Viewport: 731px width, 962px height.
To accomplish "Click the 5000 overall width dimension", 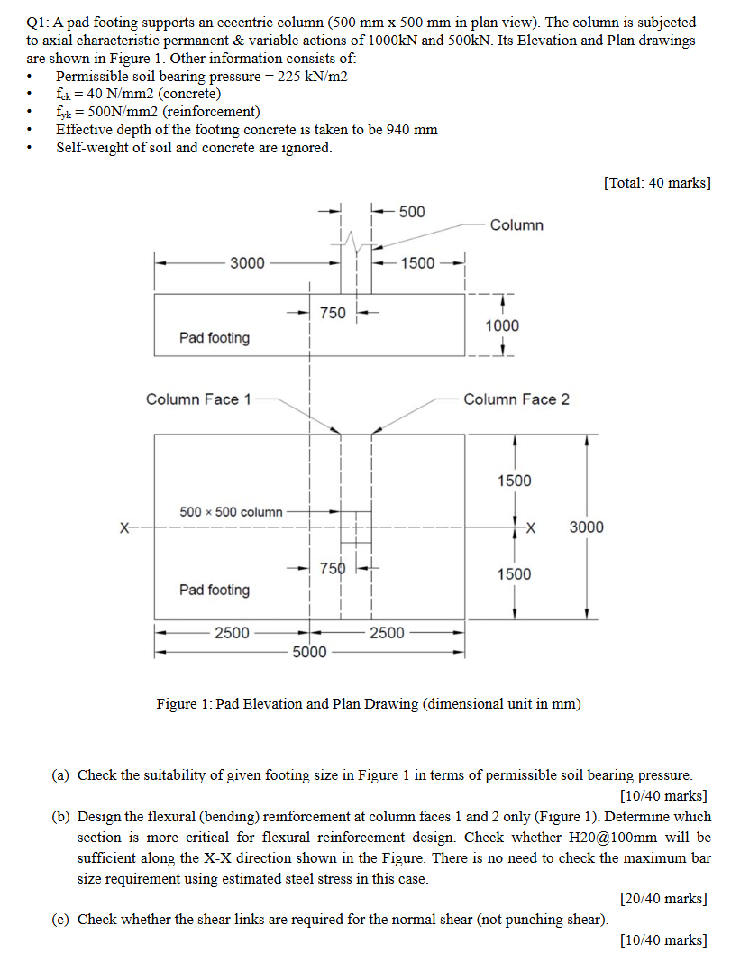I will (309, 652).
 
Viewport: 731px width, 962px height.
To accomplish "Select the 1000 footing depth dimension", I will (502, 325).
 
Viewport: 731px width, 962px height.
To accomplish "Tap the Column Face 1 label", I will (199, 399).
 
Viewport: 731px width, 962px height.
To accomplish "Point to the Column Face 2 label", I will (516, 399).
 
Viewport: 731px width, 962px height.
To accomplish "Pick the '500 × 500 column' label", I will (231, 512).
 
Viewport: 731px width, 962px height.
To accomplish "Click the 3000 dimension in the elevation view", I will (247, 263).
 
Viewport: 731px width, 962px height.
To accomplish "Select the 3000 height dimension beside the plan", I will (586, 527).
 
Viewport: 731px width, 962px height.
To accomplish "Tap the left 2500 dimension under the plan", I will (232, 633).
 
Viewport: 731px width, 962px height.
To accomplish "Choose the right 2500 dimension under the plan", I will (388, 633).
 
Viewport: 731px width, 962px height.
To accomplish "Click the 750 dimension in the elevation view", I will (333, 313).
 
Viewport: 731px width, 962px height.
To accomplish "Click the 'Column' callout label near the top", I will (516, 224).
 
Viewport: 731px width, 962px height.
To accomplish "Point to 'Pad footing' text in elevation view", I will (215, 338).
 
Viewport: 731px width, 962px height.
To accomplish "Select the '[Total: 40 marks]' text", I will (656, 183).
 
